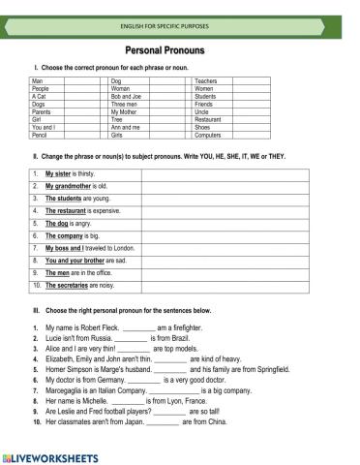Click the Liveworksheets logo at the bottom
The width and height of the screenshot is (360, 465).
click(x=48, y=455)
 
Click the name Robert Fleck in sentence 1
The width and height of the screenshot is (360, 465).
click(x=101, y=328)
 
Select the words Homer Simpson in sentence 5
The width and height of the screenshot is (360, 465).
click(x=64, y=369)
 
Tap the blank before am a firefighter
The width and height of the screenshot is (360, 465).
click(x=139, y=328)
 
